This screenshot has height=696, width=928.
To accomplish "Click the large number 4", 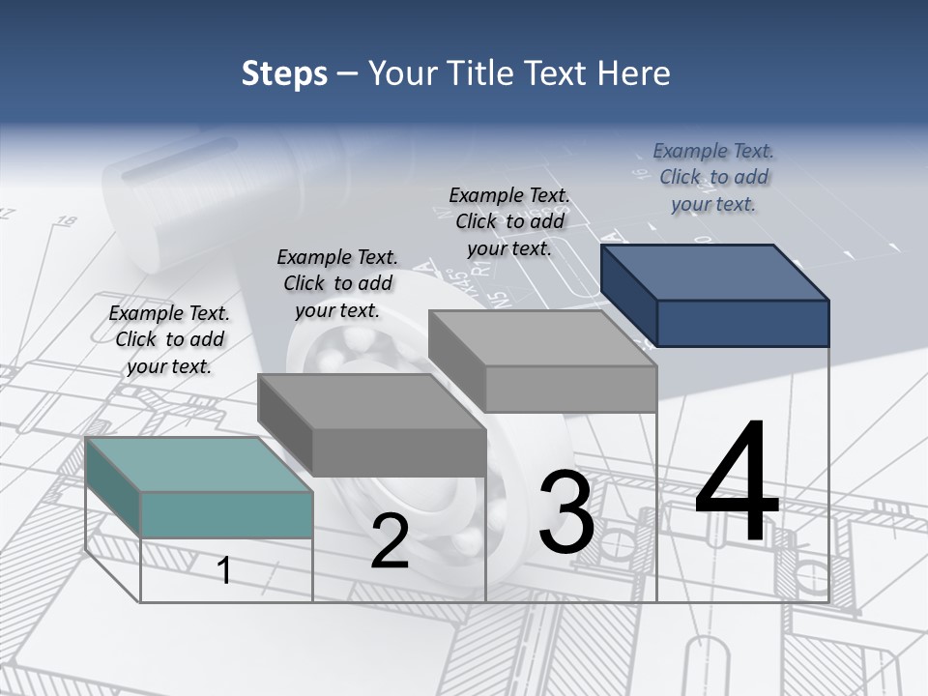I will [x=737, y=482].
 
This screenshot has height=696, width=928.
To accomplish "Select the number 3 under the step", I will [x=565, y=512].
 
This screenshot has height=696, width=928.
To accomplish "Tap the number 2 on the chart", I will [x=390, y=542].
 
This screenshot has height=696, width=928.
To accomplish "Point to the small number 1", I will [x=223, y=570].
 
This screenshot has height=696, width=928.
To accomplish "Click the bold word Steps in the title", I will [x=284, y=73].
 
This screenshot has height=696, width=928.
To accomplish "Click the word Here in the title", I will [x=633, y=73].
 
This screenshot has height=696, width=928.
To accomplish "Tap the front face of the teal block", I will [x=226, y=514].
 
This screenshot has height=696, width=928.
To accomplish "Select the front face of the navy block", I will [x=742, y=323].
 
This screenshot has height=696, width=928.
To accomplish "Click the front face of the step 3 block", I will [x=570, y=389].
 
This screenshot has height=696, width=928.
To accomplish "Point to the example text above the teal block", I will [x=169, y=339].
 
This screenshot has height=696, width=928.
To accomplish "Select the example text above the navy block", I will [x=713, y=177].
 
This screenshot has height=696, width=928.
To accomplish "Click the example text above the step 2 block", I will [x=337, y=283].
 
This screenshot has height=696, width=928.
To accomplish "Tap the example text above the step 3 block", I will [x=509, y=221].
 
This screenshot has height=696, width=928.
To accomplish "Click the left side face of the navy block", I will [x=629, y=295].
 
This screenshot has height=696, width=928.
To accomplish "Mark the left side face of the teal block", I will [x=113, y=486].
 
